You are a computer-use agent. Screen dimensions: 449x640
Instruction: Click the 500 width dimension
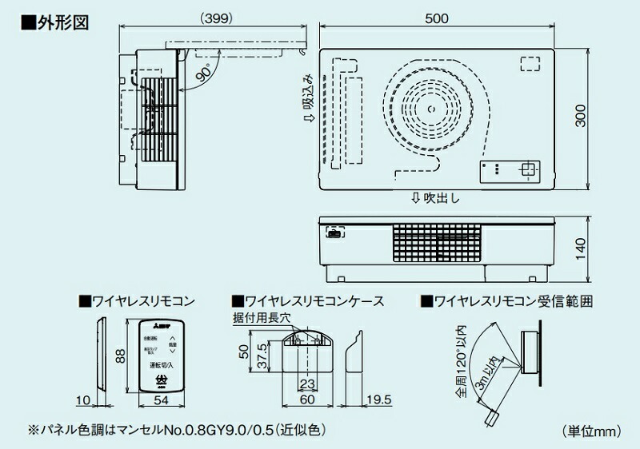[437, 20]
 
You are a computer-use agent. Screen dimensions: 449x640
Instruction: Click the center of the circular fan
[430, 110]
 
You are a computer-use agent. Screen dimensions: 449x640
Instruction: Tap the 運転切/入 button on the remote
[162, 365]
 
